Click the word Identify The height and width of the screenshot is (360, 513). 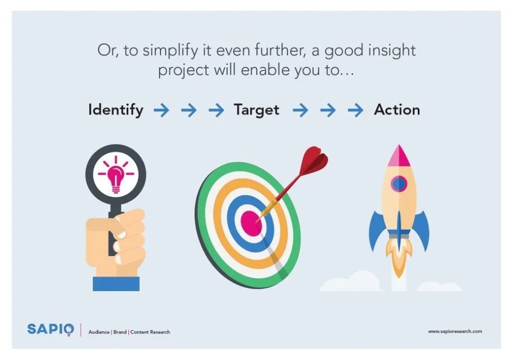(x=115, y=110)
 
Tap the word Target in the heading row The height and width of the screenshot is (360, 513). (x=256, y=110)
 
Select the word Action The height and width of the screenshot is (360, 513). (x=397, y=110)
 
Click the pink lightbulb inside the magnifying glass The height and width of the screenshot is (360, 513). (x=115, y=174)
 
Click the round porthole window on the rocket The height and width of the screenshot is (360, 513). (x=399, y=183)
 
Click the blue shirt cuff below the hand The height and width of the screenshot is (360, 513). (x=116, y=283)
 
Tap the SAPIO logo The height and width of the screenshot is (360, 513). (x=51, y=330)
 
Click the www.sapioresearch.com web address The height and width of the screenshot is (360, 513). (x=455, y=331)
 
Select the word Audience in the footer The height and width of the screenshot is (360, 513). (x=99, y=332)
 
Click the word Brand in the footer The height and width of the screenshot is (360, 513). (x=120, y=332)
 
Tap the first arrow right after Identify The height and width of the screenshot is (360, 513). (x=161, y=110)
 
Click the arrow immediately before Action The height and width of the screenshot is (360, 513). (x=356, y=110)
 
